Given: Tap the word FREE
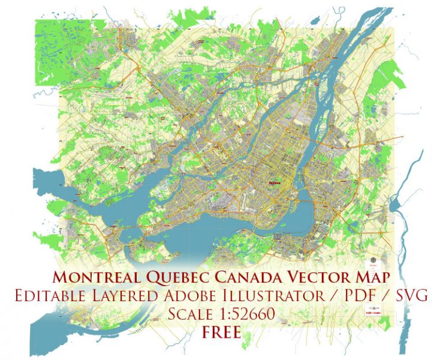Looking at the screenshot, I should (x=221, y=331).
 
